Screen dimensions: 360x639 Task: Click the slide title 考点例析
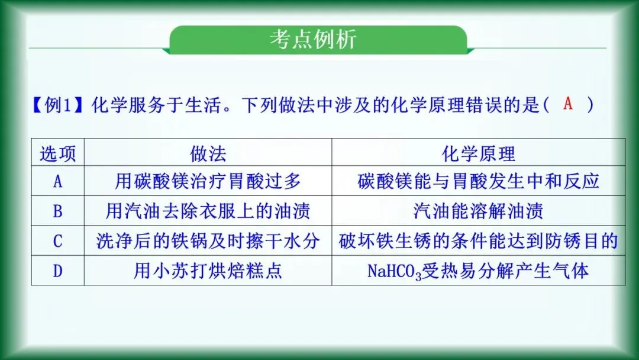[x=313, y=40]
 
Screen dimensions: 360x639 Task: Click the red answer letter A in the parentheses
[x=568, y=104]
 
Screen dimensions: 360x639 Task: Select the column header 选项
[x=57, y=154]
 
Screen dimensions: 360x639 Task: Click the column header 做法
[x=208, y=154]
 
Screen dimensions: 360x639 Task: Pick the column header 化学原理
[x=478, y=154]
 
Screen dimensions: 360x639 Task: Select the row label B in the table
[x=57, y=211]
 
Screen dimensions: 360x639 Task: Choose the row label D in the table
[x=57, y=271]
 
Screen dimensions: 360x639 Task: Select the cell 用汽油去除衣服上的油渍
[x=208, y=211]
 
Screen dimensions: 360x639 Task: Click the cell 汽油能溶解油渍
[x=478, y=211]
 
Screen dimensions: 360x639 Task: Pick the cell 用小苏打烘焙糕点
[x=208, y=271]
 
